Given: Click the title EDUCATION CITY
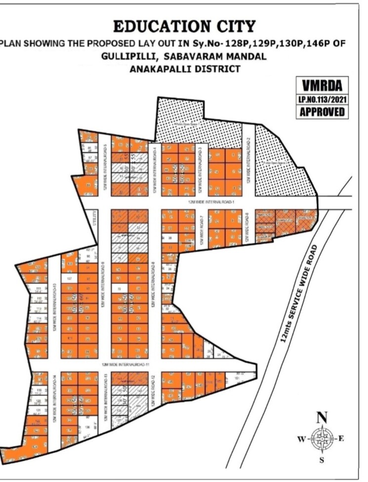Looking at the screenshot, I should point(184,26).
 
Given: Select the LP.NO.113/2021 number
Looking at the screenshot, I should point(322,99).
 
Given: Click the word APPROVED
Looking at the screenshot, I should point(322,112).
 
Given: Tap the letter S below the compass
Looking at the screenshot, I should point(322,460).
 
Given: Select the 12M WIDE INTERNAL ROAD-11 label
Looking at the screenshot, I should point(125,364).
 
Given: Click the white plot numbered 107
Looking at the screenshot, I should point(69,279).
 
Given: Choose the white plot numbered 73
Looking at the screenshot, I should point(119,288).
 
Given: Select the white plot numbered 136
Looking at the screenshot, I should point(87,426).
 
